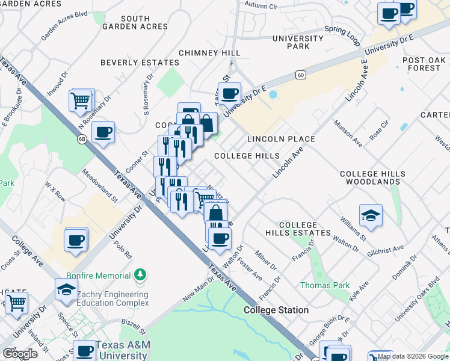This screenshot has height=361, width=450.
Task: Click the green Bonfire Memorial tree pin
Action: coord(140,275)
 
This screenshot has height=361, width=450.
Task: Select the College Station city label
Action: coord(276,310)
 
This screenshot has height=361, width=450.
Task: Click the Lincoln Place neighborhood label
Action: coord(281,139)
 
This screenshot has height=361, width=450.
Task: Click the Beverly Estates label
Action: coord(140,63)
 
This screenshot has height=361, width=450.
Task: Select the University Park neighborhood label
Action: coord(291,42)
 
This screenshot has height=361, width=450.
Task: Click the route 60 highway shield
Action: coord(300,75)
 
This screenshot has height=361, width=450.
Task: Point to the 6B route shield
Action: coord(82,139)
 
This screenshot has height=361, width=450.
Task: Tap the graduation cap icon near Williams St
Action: coord(371,215)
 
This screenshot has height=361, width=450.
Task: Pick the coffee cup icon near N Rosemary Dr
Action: coord(103,132)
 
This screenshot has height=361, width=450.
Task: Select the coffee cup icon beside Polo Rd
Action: coord(76,240)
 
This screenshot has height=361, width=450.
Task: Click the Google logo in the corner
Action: coord(20,354)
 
